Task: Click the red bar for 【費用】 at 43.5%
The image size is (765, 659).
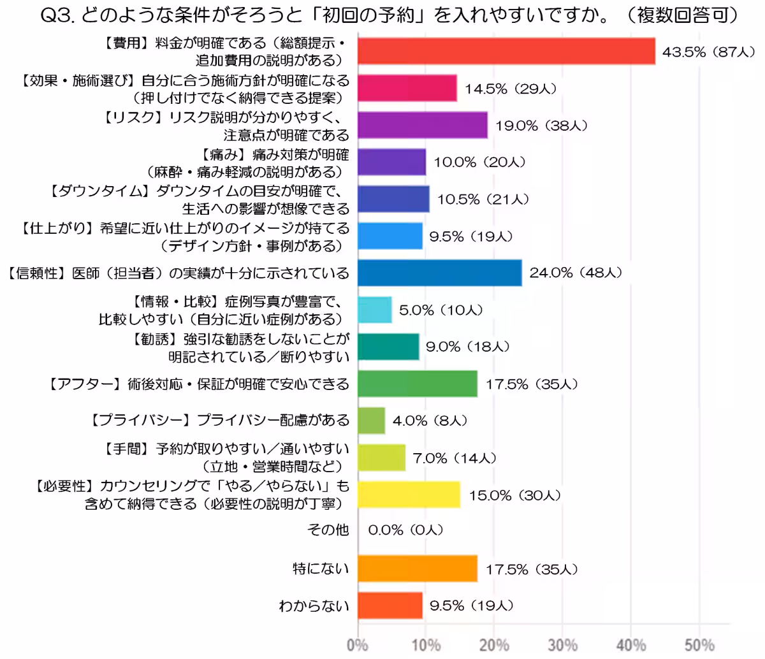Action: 506,51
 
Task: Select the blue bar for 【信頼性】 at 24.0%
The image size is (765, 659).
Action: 439,273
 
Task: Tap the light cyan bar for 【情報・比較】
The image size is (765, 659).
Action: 374,310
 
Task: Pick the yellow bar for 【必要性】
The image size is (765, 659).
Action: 409,495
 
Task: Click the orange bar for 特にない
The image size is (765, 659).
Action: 417,568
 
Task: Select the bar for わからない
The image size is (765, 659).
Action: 390,605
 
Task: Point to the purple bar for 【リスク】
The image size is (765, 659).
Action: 422,125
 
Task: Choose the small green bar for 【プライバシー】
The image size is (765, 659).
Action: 371,421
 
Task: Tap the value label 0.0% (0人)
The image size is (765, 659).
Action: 405,530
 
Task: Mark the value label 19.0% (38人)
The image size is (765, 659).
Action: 541,126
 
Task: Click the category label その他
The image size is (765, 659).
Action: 328,530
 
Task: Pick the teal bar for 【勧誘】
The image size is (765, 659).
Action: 388,347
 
